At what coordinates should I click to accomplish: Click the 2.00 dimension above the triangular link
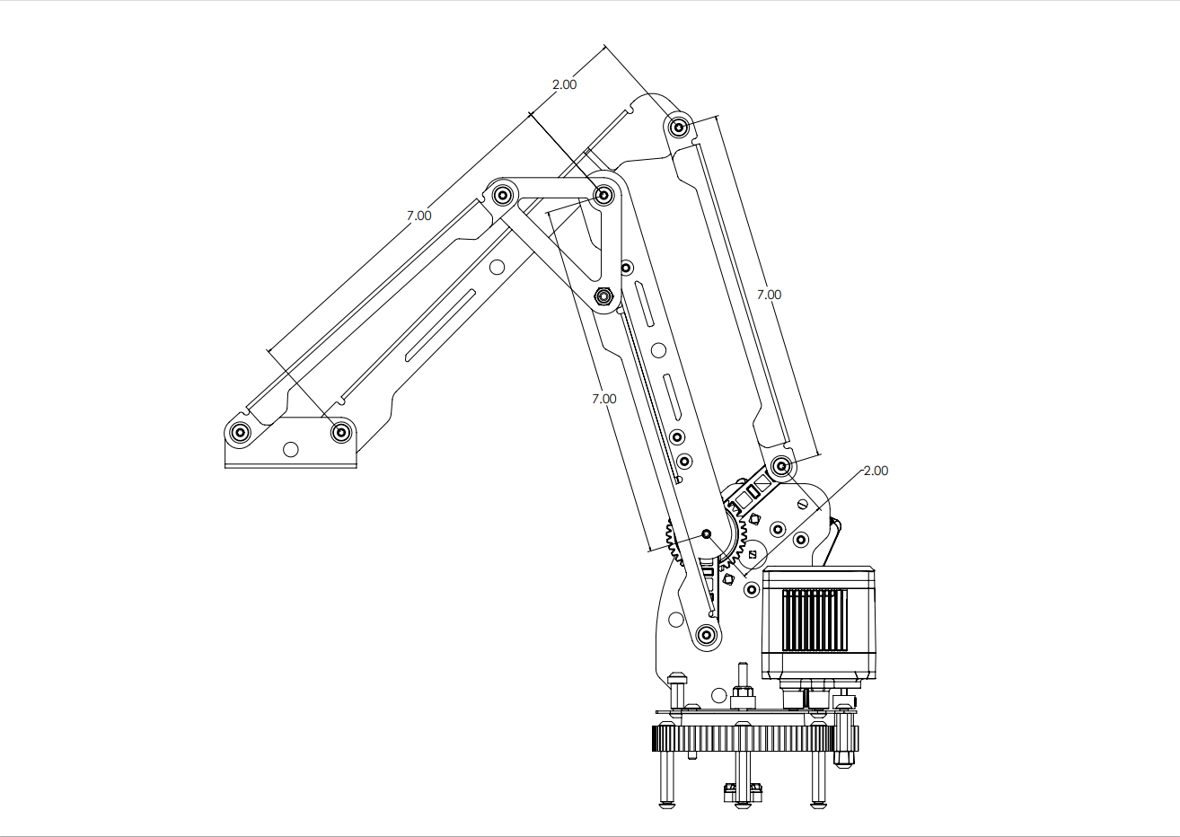coord(564,84)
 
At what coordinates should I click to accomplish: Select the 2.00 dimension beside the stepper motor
coord(874,471)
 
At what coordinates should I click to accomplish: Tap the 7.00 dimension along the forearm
coord(418,216)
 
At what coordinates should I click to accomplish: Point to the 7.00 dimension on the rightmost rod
coord(769,295)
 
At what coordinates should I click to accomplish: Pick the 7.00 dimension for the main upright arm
coord(603,398)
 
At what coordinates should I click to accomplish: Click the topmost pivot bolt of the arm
coord(679,127)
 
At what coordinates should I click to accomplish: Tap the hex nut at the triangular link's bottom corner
coord(604,295)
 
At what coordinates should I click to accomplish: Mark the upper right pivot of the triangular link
coord(604,194)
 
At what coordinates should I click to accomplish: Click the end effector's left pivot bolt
coord(240,433)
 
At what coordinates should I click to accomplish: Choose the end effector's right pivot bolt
coord(341,433)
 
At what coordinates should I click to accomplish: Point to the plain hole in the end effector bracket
coord(290,448)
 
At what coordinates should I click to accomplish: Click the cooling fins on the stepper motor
coord(815,620)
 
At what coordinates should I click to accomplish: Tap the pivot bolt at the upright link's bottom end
coord(707,635)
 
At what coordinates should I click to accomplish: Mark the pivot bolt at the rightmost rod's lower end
coord(781,466)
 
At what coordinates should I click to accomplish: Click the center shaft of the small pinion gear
coord(706,534)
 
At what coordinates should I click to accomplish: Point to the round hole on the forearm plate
coord(496,267)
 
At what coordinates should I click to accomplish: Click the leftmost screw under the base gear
coord(667,778)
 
